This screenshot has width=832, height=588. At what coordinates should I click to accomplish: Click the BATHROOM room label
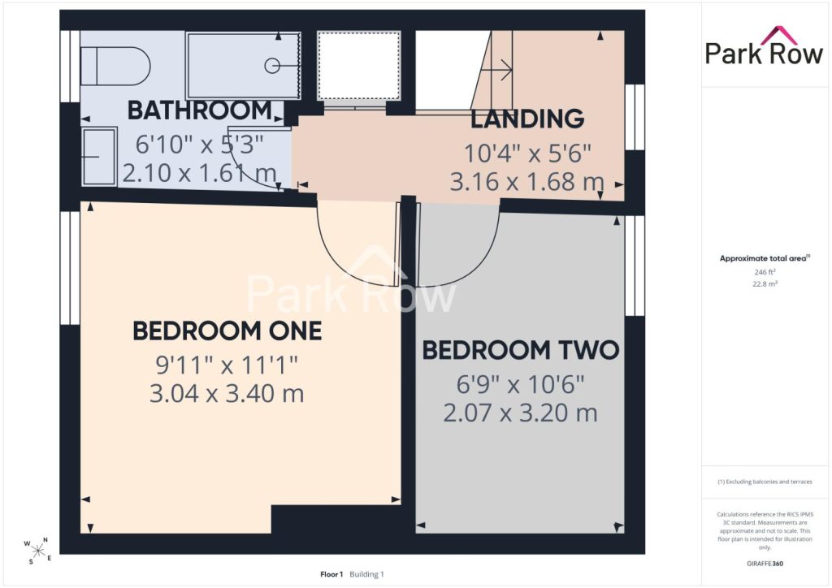pos(200,110)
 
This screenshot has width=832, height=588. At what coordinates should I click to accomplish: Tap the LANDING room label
pos(527,119)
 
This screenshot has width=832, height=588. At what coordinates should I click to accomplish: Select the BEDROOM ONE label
pos(227,331)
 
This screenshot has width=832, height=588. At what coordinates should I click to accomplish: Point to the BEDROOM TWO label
pos(521,350)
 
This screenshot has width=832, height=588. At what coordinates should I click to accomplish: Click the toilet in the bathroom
pos(115,67)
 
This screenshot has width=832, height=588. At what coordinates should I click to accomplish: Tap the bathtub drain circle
pos(272,66)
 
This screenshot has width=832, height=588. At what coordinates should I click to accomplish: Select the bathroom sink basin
pos(99,157)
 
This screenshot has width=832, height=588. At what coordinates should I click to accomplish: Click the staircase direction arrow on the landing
pos(500,69)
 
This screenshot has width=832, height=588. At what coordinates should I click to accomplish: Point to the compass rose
pos(37,551)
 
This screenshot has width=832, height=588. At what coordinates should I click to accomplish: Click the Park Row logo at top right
pos(764,46)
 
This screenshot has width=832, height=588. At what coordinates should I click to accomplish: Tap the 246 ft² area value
pos(765,272)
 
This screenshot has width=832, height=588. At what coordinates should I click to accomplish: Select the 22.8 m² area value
pos(765,283)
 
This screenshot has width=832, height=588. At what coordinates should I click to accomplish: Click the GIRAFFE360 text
pos(765,564)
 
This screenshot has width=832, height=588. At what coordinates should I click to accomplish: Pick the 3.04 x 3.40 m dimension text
pos(227,393)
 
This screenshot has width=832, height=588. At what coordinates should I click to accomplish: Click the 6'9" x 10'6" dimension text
pos(521,384)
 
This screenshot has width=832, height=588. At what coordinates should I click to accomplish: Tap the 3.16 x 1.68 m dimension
pos(526,181)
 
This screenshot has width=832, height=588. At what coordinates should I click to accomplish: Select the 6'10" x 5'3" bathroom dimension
pos(200,145)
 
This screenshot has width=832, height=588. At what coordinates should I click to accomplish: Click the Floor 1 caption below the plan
pos(331,574)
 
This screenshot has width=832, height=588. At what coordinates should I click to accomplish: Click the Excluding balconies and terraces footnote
pos(765,482)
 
